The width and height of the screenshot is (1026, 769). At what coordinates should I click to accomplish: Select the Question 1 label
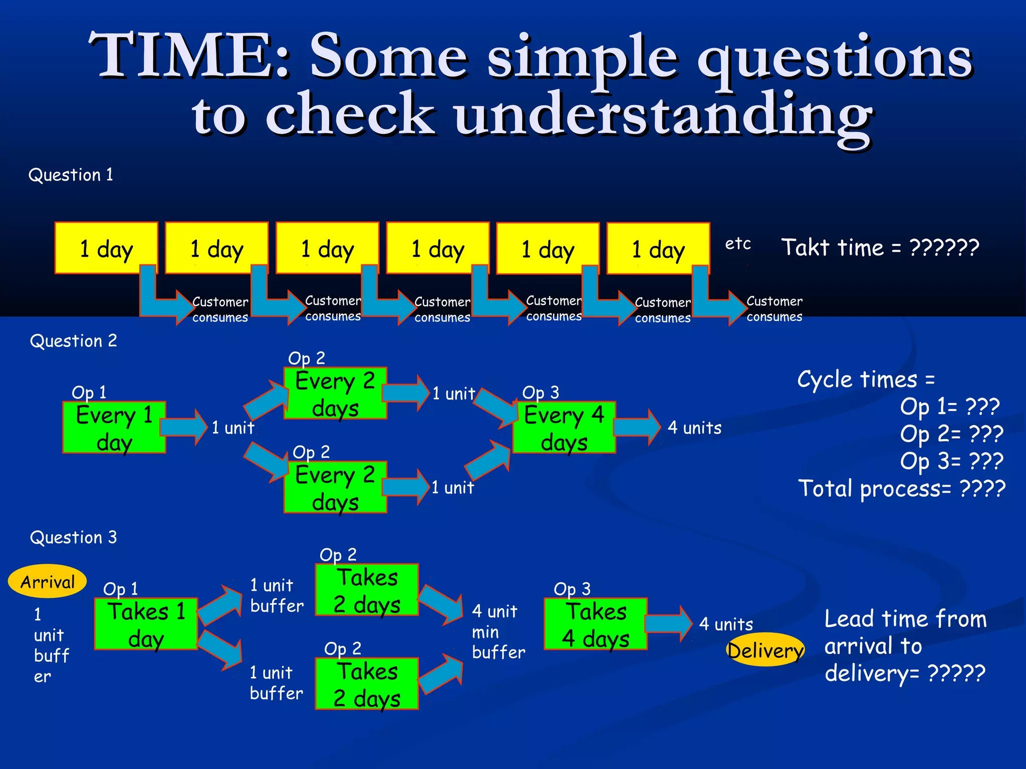pyautogui.click(x=71, y=175)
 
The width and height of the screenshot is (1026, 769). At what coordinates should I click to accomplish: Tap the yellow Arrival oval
pyautogui.click(x=47, y=581)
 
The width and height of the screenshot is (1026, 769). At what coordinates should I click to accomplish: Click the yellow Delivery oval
pyautogui.click(x=765, y=650)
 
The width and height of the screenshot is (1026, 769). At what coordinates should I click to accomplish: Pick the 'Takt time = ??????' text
pyautogui.click(x=880, y=247)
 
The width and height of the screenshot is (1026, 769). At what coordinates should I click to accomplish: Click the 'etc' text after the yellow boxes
pyautogui.click(x=738, y=244)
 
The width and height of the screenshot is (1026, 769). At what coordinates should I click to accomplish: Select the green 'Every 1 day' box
pyautogui.click(x=114, y=428)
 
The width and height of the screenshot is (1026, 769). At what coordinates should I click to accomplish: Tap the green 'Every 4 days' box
pyautogui.click(x=564, y=428)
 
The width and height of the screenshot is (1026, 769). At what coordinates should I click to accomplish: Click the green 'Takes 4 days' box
pyautogui.click(x=595, y=624)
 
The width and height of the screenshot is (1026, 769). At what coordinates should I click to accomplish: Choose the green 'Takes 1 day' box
pyautogui.click(x=145, y=624)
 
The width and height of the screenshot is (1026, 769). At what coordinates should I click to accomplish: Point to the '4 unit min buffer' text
pyautogui.click(x=498, y=631)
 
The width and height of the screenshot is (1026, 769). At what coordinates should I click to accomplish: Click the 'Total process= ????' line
pyautogui.click(x=901, y=488)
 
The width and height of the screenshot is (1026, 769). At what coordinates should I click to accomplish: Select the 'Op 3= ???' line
pyautogui.click(x=951, y=461)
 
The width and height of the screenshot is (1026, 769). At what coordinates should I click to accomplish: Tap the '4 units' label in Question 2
pyautogui.click(x=694, y=428)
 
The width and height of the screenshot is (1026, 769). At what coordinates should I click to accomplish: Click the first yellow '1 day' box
pyautogui.click(x=106, y=247)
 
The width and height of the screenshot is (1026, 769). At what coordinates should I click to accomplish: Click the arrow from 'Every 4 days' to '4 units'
pyautogui.click(x=637, y=427)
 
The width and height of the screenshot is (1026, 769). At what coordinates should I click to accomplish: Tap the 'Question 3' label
pyautogui.click(x=73, y=537)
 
